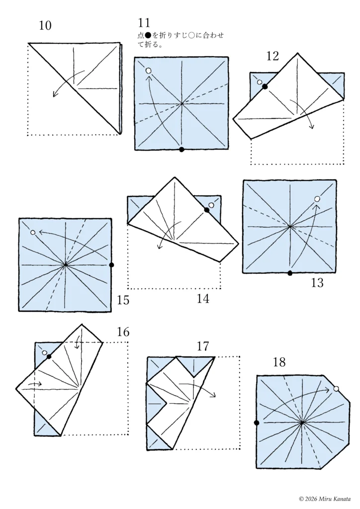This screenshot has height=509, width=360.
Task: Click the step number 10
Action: [45, 25]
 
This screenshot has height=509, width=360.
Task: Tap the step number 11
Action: [144, 23]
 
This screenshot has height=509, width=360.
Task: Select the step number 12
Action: [272, 56]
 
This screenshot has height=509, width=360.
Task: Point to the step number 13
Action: [317, 283]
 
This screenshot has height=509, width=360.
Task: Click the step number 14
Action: [203, 299]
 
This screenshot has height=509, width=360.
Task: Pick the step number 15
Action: [123, 300]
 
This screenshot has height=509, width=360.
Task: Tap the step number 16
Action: [123, 332]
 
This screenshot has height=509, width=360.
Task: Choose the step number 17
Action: [203, 346]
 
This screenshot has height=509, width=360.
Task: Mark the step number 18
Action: [279, 362]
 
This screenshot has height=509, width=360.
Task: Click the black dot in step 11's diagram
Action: [182, 149]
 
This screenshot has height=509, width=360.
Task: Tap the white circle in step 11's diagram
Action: [149, 71]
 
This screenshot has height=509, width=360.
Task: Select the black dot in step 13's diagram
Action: [290, 273]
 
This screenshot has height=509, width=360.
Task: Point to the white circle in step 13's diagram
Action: [317, 199]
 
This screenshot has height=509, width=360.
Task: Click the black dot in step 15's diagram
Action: [112, 265]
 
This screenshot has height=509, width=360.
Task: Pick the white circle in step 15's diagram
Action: [33, 232]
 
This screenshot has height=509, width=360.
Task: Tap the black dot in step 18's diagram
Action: [257, 423]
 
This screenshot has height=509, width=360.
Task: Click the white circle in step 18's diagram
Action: [336, 389]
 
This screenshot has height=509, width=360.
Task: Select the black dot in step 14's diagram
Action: [207, 210]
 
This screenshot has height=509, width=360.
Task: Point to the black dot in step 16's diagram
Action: [49, 356]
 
